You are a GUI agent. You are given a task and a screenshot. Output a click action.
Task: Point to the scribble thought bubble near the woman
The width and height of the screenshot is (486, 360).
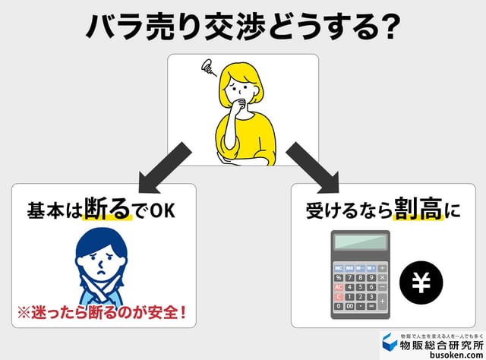click(x=204, y=69)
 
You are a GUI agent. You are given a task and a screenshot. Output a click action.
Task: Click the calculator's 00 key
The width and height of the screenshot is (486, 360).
click(x=350, y=306)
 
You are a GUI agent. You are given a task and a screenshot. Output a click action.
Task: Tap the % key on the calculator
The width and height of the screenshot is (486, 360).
click(x=338, y=277)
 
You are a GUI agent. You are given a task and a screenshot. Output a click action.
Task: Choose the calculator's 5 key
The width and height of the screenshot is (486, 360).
click(x=361, y=287)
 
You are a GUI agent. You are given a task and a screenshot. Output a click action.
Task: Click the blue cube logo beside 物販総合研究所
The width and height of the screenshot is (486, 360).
click(x=387, y=340)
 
